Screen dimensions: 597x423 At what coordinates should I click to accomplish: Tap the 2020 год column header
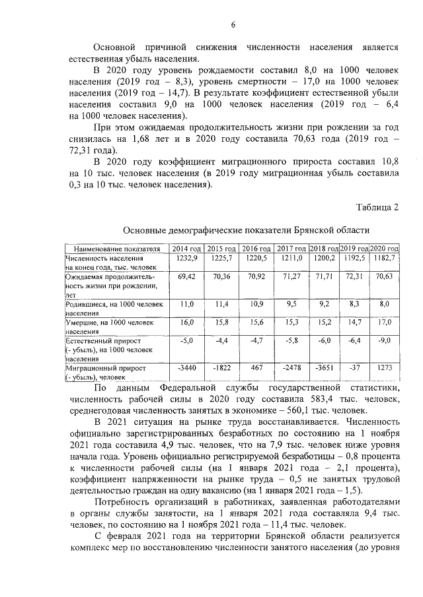(383, 248)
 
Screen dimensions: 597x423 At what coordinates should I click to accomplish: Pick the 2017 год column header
(290, 248)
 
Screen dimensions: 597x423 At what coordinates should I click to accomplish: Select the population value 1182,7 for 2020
(383, 258)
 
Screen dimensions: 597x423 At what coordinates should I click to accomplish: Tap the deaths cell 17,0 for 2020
(383, 323)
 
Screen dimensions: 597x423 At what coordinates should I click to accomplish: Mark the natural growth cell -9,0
(383, 341)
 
